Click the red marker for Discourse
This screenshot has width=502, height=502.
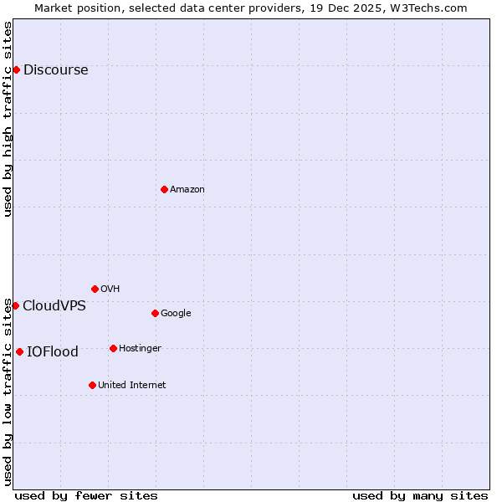[16, 69]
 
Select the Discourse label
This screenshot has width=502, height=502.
[55, 70]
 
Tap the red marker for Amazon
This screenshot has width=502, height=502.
[164, 189]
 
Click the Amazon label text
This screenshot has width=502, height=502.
[187, 190]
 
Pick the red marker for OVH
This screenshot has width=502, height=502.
[95, 289]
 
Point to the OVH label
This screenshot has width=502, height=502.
[110, 289]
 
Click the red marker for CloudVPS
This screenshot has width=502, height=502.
[15, 305]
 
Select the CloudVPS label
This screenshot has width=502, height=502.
[54, 306]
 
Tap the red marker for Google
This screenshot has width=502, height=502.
[155, 313]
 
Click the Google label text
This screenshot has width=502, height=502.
[176, 314]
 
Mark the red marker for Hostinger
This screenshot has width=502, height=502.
[113, 348]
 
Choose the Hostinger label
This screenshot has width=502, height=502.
[140, 349]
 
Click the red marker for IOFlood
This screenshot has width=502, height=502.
[19, 351]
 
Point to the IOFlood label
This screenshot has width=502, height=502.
[53, 352]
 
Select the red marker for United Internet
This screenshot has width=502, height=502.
[92, 385]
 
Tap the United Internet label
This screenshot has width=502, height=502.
[132, 386]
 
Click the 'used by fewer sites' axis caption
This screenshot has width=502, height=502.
[86, 495]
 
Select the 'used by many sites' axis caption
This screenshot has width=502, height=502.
[420, 495]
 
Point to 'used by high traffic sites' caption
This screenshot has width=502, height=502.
[8, 119]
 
